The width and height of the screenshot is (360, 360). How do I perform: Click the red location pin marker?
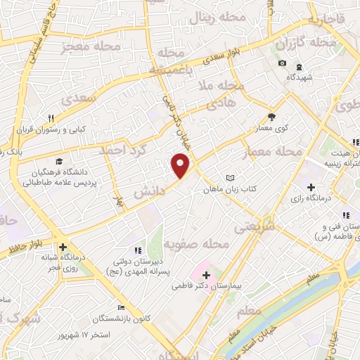click(181, 165)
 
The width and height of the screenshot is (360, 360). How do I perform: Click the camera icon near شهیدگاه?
click(282, 63)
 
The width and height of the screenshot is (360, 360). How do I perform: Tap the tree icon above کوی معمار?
click(271, 117)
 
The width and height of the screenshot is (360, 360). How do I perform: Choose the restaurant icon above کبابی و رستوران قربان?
click(50, 118)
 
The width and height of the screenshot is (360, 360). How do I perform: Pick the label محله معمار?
click(271, 152)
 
